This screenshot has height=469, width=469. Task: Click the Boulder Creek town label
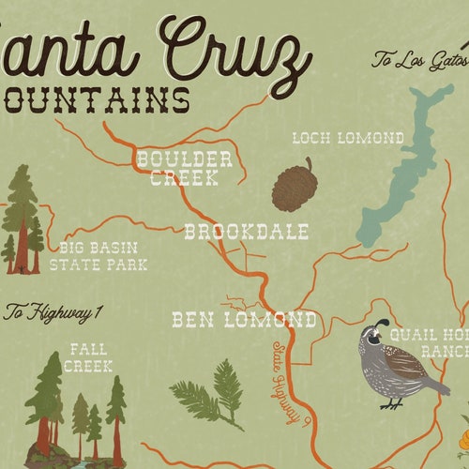point(184,167)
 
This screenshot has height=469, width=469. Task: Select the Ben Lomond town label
point(244,320)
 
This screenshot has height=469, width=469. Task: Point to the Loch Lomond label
point(348,138)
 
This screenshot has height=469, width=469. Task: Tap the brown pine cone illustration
point(295,184)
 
